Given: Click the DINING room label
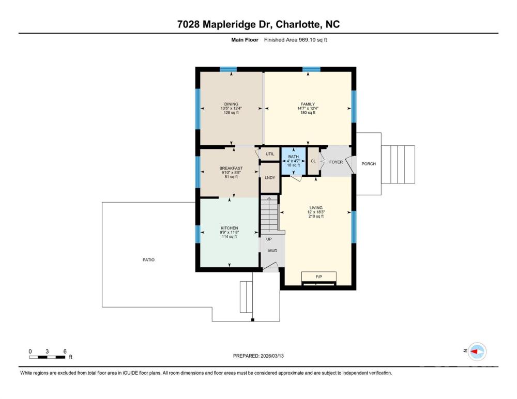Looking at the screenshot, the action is [x=231, y=104].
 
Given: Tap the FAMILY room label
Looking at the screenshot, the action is [x=308, y=104].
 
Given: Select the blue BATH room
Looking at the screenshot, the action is [x=294, y=161].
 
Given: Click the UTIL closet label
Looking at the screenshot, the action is [x=270, y=154].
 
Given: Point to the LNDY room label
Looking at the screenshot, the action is [x=270, y=178].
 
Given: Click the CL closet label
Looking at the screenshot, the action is [x=313, y=161].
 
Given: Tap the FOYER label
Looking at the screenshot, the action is [x=336, y=162].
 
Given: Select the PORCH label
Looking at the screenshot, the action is [x=369, y=164].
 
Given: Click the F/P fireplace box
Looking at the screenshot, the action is [x=319, y=277].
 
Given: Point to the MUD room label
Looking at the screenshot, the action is [x=272, y=251].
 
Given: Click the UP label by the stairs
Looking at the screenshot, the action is [x=269, y=239].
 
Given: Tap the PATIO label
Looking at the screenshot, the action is [x=149, y=260].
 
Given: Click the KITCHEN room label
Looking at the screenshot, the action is [x=230, y=228].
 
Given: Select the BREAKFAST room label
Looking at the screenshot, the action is [x=231, y=168].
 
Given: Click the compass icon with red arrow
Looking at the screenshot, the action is [x=477, y=351].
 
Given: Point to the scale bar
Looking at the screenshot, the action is [x=47, y=357].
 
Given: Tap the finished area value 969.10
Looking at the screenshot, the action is [x=307, y=40].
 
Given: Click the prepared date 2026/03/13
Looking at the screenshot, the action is [x=272, y=356].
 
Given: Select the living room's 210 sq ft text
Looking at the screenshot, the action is [x=316, y=217].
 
